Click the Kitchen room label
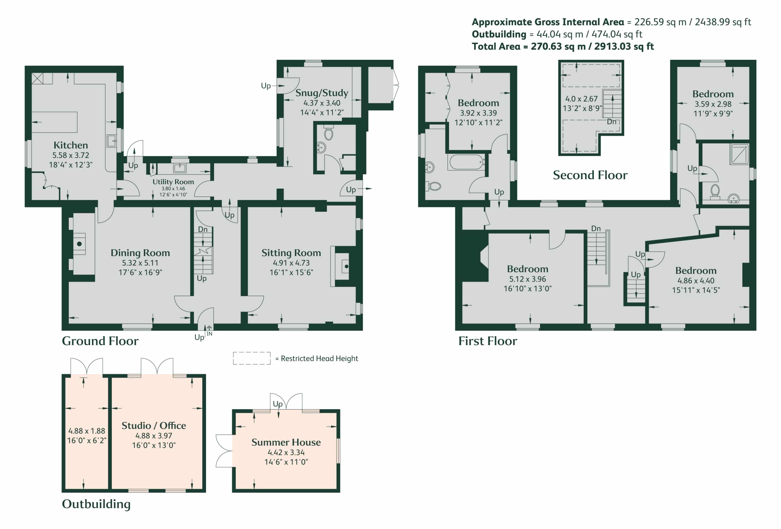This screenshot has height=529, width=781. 70,145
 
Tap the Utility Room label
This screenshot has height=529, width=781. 173,182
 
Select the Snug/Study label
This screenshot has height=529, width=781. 322,93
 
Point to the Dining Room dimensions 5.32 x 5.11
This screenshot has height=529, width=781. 140,263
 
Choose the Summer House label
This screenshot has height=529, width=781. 286,442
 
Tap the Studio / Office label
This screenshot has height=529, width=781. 153,425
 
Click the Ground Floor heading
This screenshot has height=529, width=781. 100,341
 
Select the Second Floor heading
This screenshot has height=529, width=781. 590,175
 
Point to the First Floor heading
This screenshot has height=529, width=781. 488,341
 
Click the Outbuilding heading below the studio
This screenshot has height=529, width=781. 96,504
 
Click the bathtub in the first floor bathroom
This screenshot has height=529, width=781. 466,162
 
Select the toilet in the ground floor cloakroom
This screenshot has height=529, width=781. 329,133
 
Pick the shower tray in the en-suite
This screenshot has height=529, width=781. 739,154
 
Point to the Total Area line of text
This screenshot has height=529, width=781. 563,46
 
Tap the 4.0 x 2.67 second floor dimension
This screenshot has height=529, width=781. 581,99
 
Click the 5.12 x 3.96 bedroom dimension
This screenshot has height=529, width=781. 527,279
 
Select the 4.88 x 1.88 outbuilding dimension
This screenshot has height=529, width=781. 87,431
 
